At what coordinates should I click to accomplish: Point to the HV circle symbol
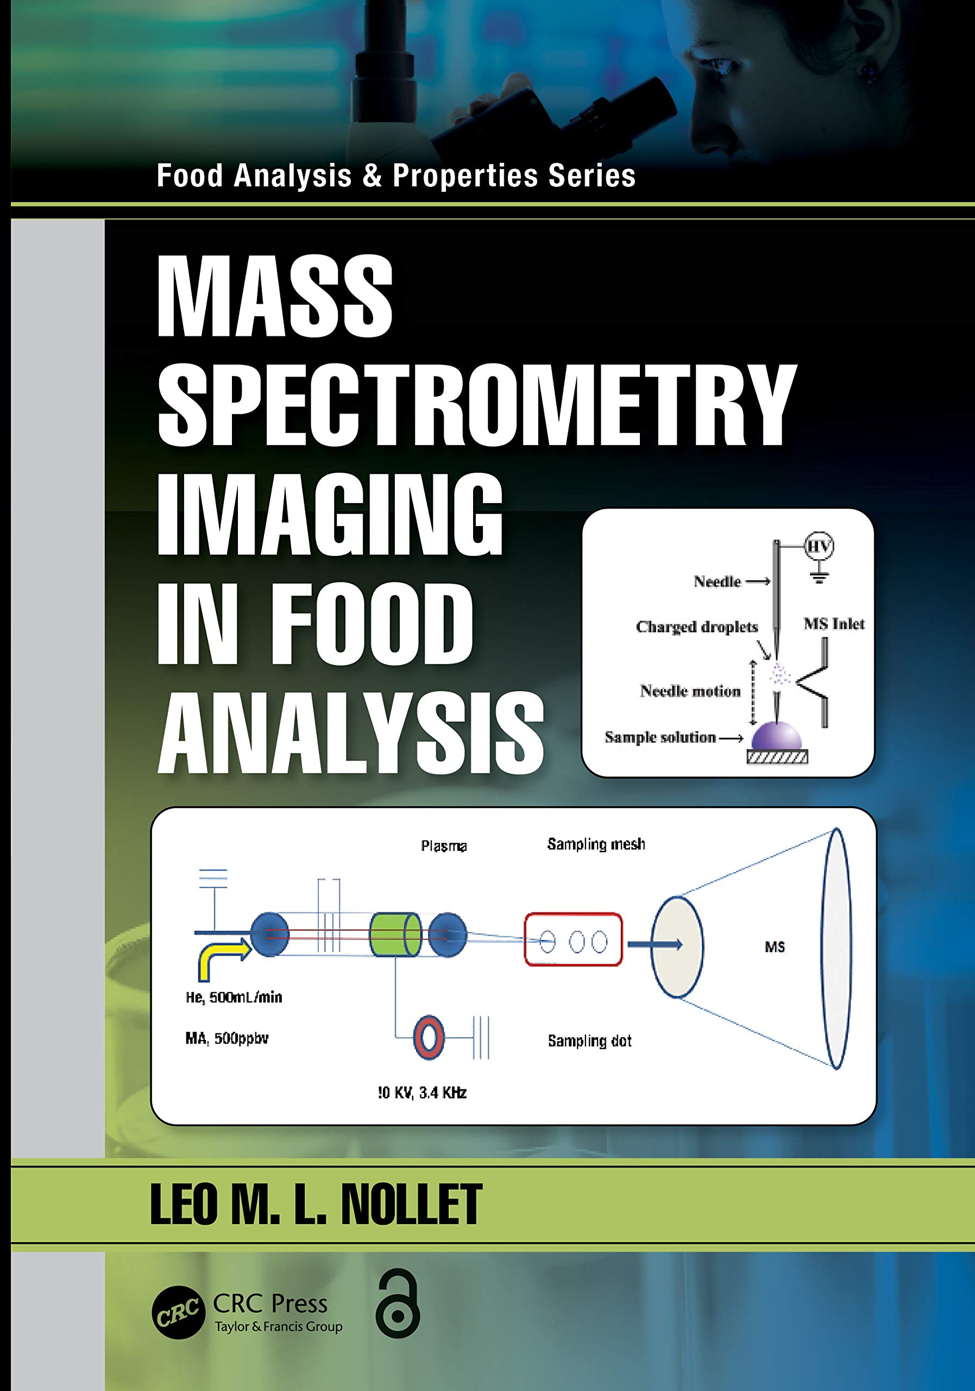[819, 547]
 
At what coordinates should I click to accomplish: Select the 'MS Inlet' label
[834, 624]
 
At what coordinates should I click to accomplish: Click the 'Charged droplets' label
[696, 627]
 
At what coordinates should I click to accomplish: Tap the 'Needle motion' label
[690, 691]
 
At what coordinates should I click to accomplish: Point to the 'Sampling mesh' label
[596, 844]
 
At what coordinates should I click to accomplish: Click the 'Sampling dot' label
[589, 1041]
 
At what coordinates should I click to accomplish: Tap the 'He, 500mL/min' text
[234, 997]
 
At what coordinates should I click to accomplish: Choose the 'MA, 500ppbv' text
[227, 1038]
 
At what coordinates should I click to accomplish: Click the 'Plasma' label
[444, 846]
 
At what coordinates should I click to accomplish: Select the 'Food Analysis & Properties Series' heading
[396, 176]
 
